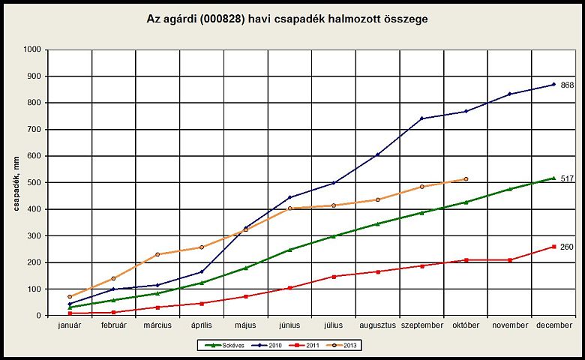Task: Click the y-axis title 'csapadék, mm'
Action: click(16, 182)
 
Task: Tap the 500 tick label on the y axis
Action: click(34, 183)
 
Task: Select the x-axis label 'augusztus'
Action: click(376, 325)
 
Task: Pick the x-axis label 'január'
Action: click(69, 325)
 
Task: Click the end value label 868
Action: click(567, 85)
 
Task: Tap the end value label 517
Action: click(567, 178)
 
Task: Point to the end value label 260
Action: click(567, 247)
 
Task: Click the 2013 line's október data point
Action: click(466, 179)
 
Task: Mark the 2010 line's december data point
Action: click(553, 84)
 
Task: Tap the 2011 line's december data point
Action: click(553, 247)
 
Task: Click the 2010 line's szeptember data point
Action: click(421, 118)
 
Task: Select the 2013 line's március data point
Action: click(157, 254)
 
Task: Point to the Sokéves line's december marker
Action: click(553, 178)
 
